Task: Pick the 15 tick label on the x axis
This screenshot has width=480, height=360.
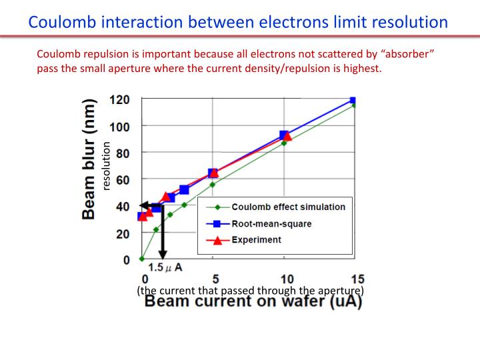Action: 357,279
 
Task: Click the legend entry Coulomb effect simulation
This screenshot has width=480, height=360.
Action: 288,207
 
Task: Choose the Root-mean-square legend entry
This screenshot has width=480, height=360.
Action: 271,223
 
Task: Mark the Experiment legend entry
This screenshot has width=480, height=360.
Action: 256,239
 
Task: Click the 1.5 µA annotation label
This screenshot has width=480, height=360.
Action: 165,267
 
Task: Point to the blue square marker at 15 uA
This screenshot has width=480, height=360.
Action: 353,101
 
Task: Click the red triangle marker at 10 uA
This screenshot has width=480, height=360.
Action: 287,137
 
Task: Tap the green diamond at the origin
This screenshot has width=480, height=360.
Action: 142,259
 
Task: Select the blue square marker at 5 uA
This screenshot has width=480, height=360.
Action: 213,173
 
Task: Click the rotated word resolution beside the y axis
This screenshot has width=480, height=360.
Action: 106,166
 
